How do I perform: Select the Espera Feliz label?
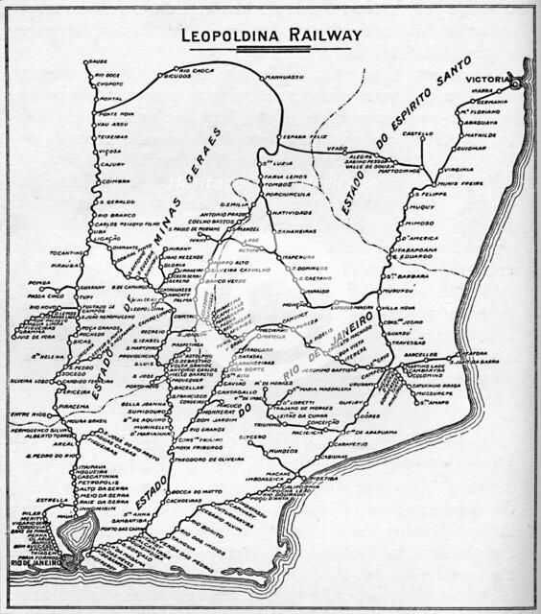pos(298,137)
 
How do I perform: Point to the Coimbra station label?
pos(115,179)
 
